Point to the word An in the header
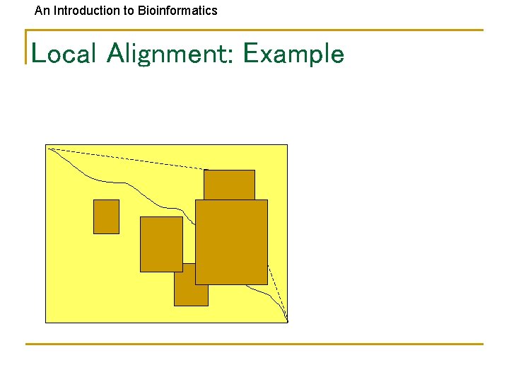[x=42, y=11]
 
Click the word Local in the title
[x=63, y=54]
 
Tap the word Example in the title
[x=293, y=54]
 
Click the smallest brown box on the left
[x=106, y=216]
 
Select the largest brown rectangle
[x=231, y=242]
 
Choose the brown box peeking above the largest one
[x=229, y=184]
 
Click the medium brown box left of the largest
[x=161, y=244]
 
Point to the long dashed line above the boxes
[x=127, y=159]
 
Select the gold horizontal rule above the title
[x=255, y=30]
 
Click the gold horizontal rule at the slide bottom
[x=255, y=345]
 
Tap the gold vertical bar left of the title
[x=26, y=47]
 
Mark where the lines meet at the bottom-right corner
[x=287, y=321]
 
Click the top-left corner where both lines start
[x=48, y=148]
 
